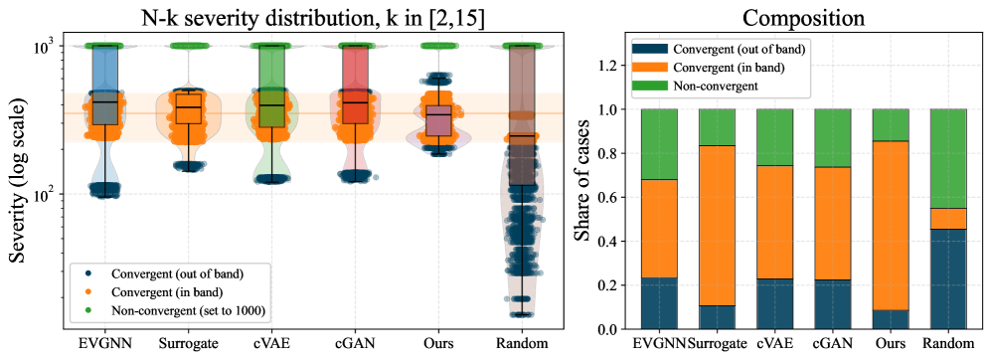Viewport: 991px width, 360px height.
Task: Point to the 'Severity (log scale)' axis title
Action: [x=19, y=177]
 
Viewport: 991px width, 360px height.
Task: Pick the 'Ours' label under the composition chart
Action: [x=892, y=345]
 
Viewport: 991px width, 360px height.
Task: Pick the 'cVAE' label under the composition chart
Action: [x=775, y=345]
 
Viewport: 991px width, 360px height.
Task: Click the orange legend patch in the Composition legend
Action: [x=651, y=67]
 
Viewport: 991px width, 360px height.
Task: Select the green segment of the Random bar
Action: [x=949, y=158]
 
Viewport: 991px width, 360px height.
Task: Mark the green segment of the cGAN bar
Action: [x=833, y=138]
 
